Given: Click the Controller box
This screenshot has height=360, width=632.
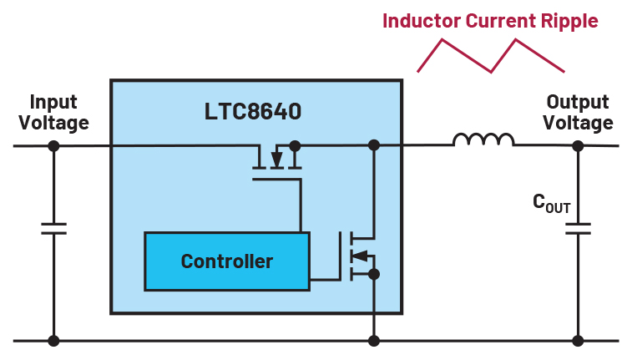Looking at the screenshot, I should click(226, 261).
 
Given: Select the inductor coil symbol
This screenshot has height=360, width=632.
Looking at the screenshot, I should click(483, 140).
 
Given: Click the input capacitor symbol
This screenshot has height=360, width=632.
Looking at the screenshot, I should click(54, 228).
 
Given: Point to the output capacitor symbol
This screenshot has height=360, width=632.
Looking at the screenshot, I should click(577, 228).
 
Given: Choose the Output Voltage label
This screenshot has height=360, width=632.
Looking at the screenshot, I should click(577, 112).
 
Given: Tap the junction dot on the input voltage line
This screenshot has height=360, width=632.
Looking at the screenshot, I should click(54, 145).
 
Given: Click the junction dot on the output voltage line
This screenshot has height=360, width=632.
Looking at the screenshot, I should click(577, 145).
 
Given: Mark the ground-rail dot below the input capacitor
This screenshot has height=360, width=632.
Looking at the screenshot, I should click(54, 341).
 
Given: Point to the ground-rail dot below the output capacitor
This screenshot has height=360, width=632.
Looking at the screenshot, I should click(577, 341).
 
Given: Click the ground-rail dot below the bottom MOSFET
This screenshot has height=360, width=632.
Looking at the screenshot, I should click(374, 341).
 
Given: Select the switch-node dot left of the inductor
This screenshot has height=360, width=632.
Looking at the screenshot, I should click(374, 145).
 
